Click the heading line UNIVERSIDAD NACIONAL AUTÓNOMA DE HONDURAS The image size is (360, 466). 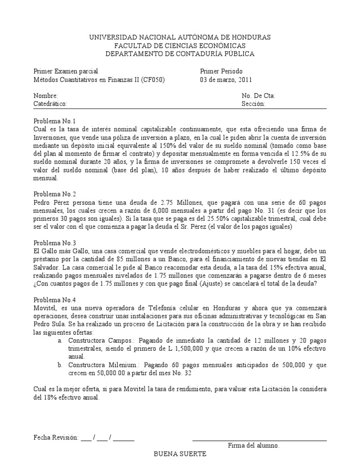point(180,37)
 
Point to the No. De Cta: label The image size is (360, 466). point(258,96)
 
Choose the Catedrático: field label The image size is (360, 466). point(51,104)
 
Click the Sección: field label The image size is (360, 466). point(254,104)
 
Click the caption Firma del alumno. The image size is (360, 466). point(254,445)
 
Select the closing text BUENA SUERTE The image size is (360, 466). point(180,454)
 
